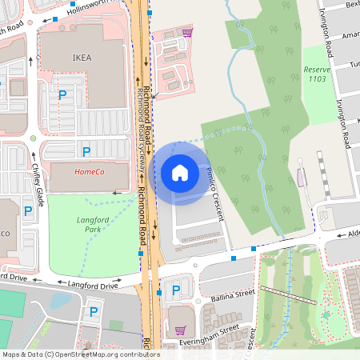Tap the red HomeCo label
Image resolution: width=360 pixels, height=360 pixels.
89,172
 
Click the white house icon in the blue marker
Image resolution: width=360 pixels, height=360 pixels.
180,172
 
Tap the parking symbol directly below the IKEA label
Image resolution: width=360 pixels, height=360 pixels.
62,96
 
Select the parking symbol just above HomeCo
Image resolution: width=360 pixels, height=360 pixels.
86,151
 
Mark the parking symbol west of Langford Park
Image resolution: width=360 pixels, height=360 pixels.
28,211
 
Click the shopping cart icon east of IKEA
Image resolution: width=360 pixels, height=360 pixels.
187,34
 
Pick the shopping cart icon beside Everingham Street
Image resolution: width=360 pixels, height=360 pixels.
181,329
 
